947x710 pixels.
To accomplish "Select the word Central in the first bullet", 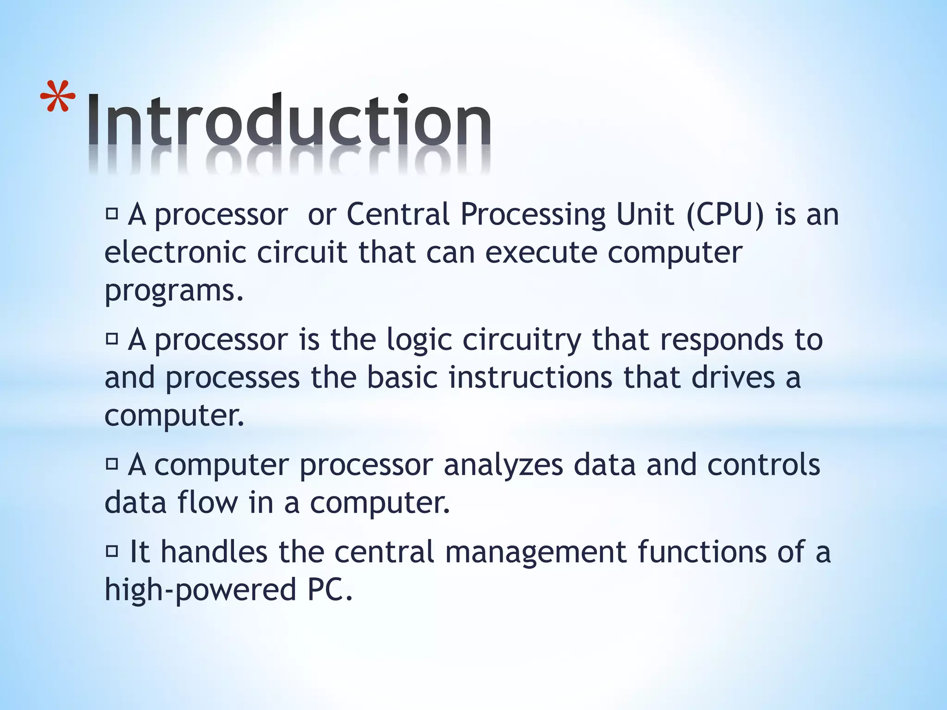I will pyautogui.click(x=398, y=215).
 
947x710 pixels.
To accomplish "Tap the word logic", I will pyautogui.click(x=419, y=340).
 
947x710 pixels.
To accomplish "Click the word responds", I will pyautogui.click(x=721, y=340).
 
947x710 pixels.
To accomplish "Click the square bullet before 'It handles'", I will pyautogui.click(x=112, y=551).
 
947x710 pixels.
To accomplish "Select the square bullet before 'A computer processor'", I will pyautogui.click(x=112, y=464).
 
